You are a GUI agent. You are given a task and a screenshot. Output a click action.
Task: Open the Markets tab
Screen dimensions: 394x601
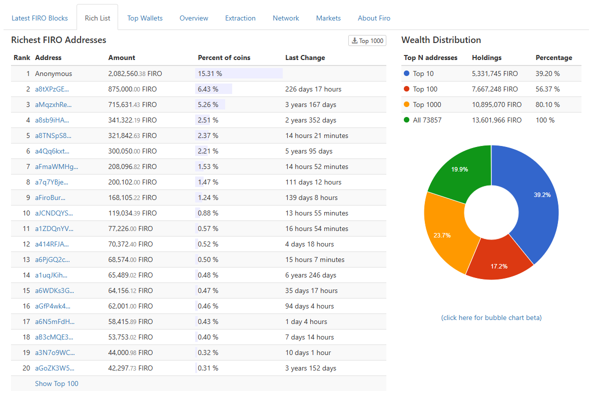point(328,18)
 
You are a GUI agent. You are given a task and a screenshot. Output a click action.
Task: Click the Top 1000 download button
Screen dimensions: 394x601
point(367,40)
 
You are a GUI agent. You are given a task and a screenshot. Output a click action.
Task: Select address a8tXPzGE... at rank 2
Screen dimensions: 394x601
point(52,89)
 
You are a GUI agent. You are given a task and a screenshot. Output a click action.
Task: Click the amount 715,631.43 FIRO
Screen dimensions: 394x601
point(132,104)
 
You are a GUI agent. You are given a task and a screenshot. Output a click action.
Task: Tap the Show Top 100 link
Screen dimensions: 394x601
point(57,383)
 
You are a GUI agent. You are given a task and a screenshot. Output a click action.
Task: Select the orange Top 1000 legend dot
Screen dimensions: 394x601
point(406,104)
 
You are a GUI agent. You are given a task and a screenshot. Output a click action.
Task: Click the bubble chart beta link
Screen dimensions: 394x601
point(491,317)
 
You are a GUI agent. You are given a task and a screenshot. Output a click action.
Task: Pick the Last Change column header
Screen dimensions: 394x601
point(305,57)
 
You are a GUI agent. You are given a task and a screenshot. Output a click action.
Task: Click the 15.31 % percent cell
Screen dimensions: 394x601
point(210,73)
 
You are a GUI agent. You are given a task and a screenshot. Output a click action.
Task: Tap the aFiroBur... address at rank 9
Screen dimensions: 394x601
point(50,197)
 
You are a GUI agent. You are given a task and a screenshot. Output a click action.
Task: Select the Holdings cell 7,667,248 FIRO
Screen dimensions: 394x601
point(494,89)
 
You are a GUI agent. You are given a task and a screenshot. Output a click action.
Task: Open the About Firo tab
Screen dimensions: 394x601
point(374,18)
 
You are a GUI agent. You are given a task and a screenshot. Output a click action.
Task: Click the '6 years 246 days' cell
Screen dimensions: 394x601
point(310,275)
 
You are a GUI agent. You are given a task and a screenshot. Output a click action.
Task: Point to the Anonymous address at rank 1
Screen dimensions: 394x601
point(54,73)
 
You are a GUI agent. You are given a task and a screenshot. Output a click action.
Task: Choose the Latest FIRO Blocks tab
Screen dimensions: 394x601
point(40,18)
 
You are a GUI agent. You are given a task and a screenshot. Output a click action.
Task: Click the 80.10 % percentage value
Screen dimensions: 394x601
point(547,104)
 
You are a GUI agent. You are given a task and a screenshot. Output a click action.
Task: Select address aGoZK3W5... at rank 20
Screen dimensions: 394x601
point(54,368)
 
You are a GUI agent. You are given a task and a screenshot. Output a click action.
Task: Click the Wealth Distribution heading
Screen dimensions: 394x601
point(441,40)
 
